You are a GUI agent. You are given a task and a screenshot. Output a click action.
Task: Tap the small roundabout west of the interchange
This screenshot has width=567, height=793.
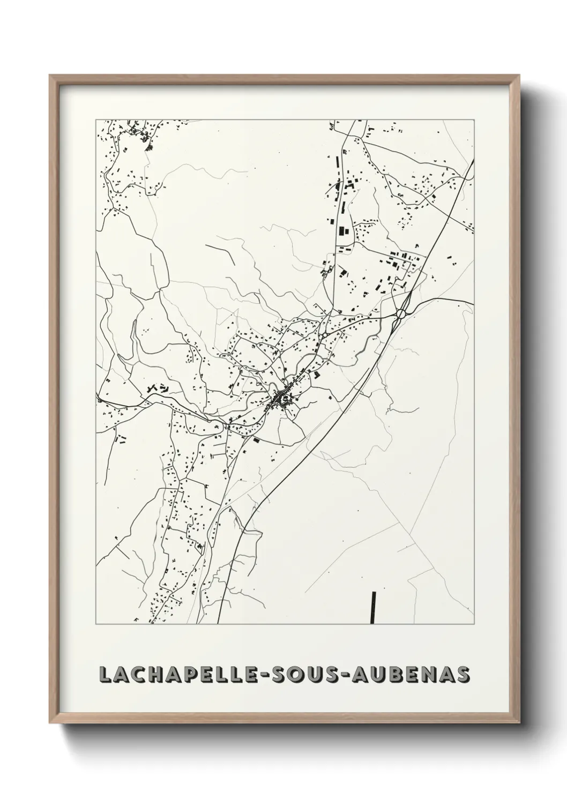click(325, 335)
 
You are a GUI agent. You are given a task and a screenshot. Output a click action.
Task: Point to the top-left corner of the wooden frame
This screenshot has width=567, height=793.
click(50, 76)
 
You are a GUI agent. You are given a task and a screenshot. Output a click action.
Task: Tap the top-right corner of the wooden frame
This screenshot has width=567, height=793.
click(516, 76)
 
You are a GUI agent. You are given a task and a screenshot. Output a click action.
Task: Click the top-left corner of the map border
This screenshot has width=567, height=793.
click(96, 119)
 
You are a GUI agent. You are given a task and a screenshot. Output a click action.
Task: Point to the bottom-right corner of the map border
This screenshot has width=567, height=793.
click(474, 624)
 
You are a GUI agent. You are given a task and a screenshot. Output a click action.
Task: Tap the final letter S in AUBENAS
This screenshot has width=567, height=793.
click(461, 675)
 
